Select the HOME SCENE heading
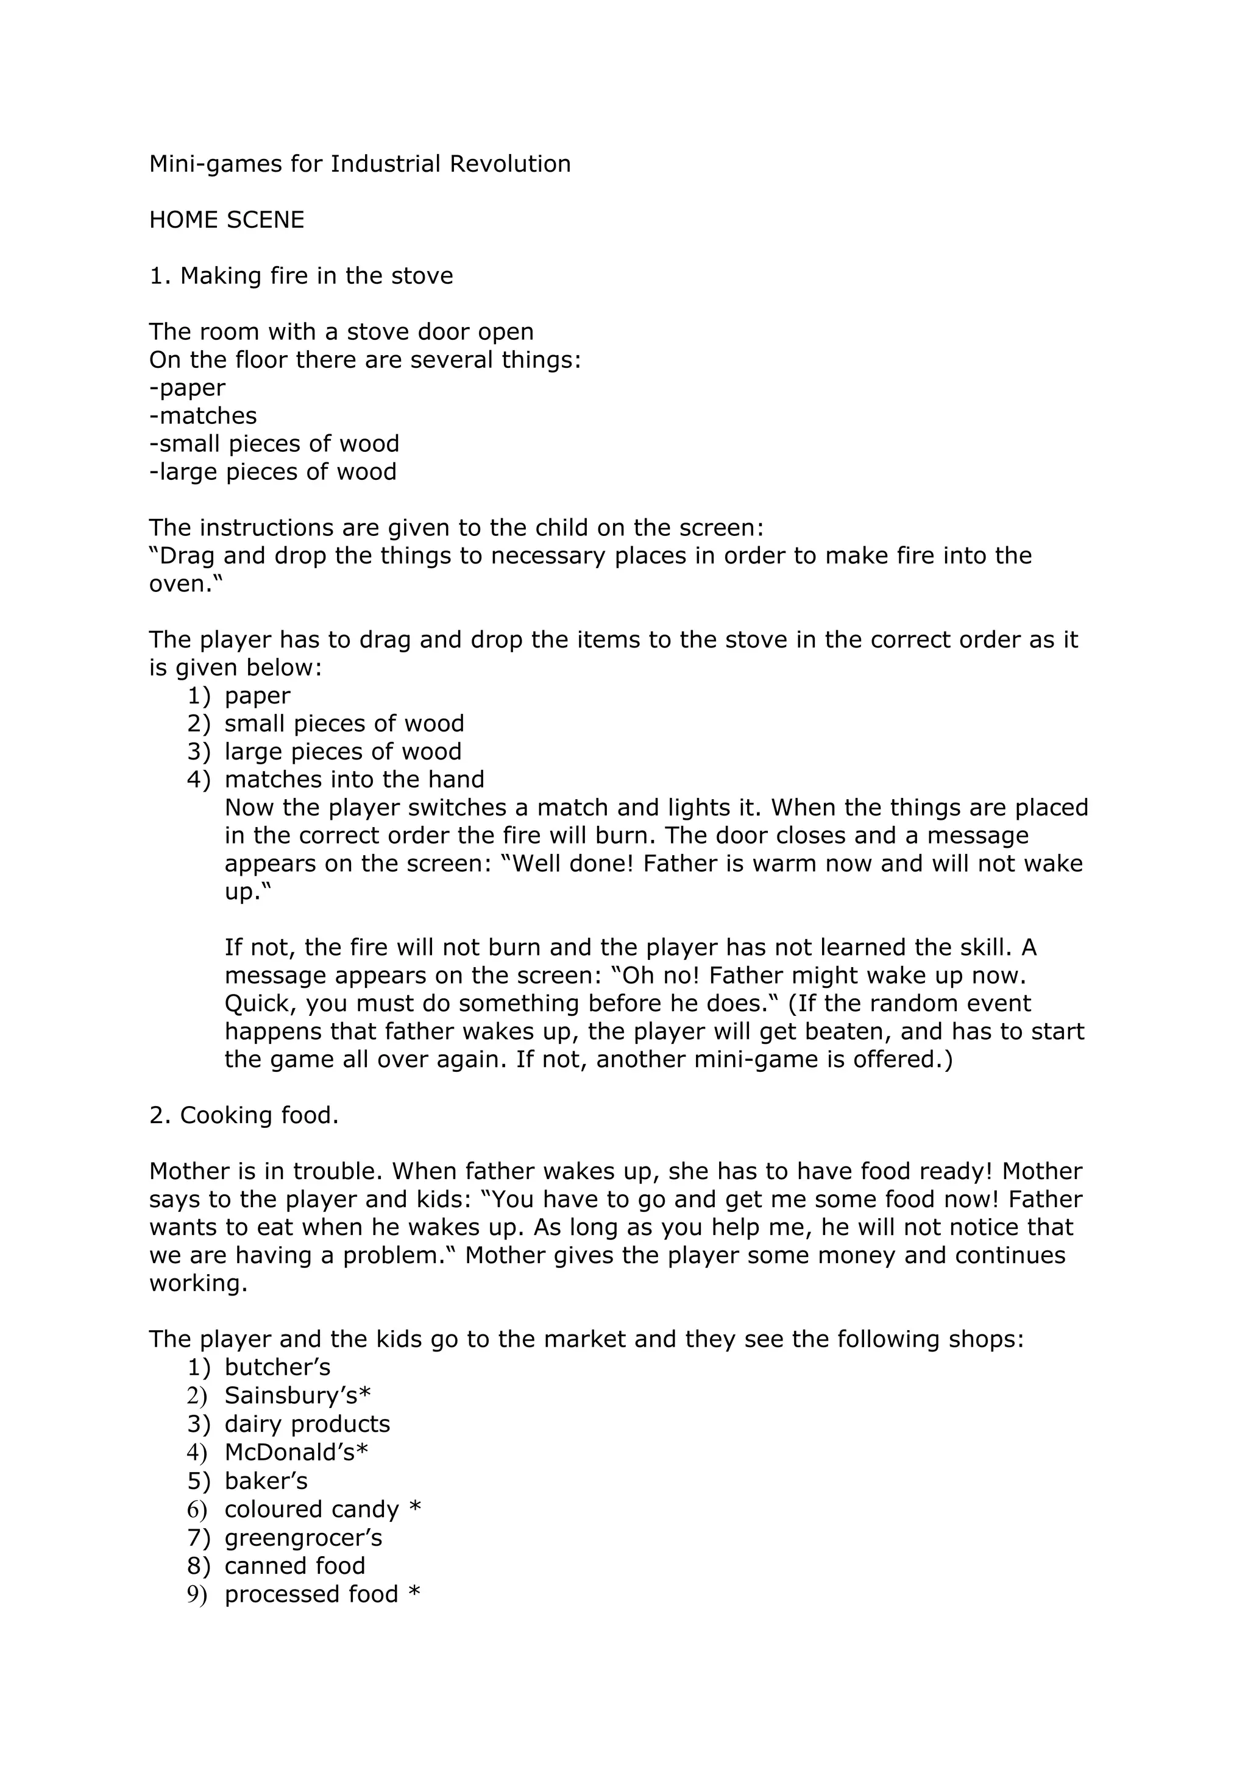(227, 220)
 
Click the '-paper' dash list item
(187, 388)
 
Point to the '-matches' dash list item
(203, 416)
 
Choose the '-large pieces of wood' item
(273, 471)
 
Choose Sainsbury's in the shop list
(297, 1395)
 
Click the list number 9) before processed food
(197, 1594)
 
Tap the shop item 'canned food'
(294, 1566)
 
